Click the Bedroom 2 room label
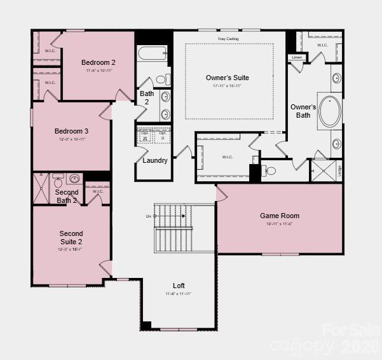coord(99,62)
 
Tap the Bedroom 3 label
coord(71,131)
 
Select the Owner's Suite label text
coord(227,78)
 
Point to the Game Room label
coord(280,216)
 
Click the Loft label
coord(179,286)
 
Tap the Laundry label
coord(155,160)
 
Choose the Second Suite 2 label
coord(71,237)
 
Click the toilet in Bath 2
coord(165,80)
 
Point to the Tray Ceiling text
coord(229,39)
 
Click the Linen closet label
coord(297,57)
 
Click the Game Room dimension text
coord(280,224)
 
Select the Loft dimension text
coord(179,294)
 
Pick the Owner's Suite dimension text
coord(227,86)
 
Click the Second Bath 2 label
coord(66,196)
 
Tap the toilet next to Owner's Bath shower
coord(269,170)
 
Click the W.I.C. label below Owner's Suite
coord(228,156)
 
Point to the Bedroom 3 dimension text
coord(71,139)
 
